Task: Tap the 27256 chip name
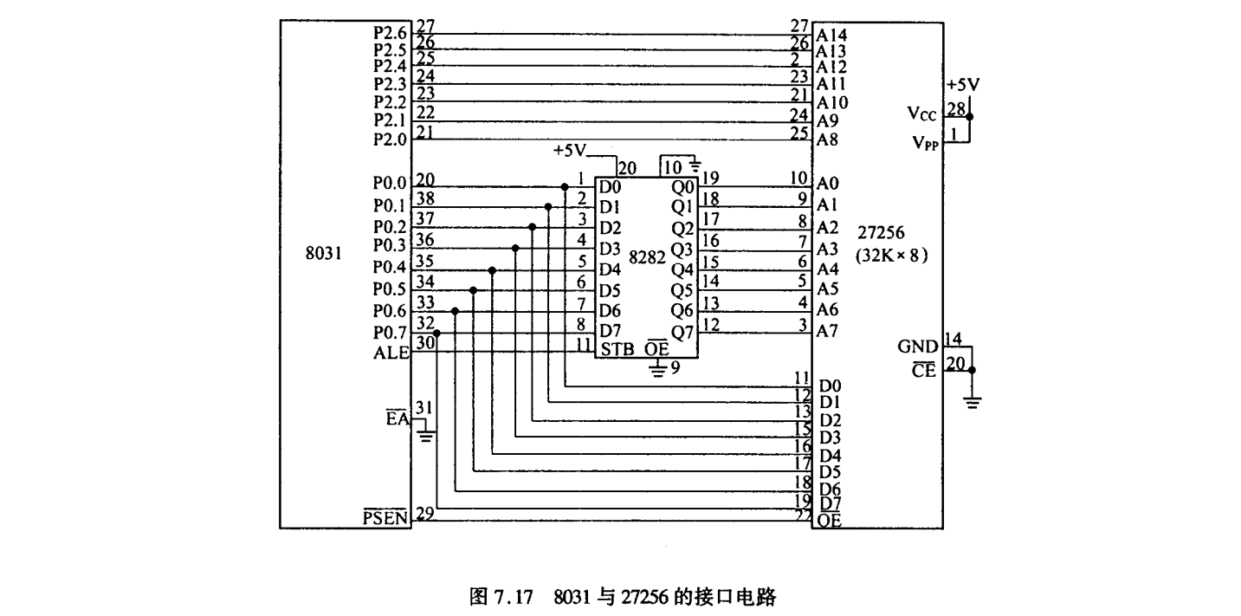coord(882,234)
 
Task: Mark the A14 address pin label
coord(831,36)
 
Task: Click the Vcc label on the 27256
coord(921,113)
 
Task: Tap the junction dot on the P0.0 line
coord(565,186)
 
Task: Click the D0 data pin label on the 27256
coord(831,385)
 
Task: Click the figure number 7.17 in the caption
coord(527,598)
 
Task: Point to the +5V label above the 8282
coord(570,152)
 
